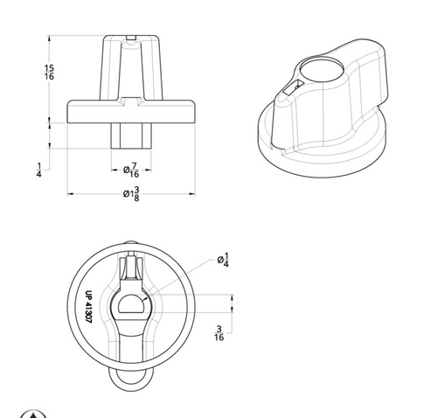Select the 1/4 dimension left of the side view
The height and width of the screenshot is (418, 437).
coord(39,169)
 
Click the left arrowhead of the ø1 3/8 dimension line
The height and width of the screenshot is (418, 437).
coord(72,193)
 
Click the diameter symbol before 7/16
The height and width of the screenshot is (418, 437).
coord(127,169)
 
